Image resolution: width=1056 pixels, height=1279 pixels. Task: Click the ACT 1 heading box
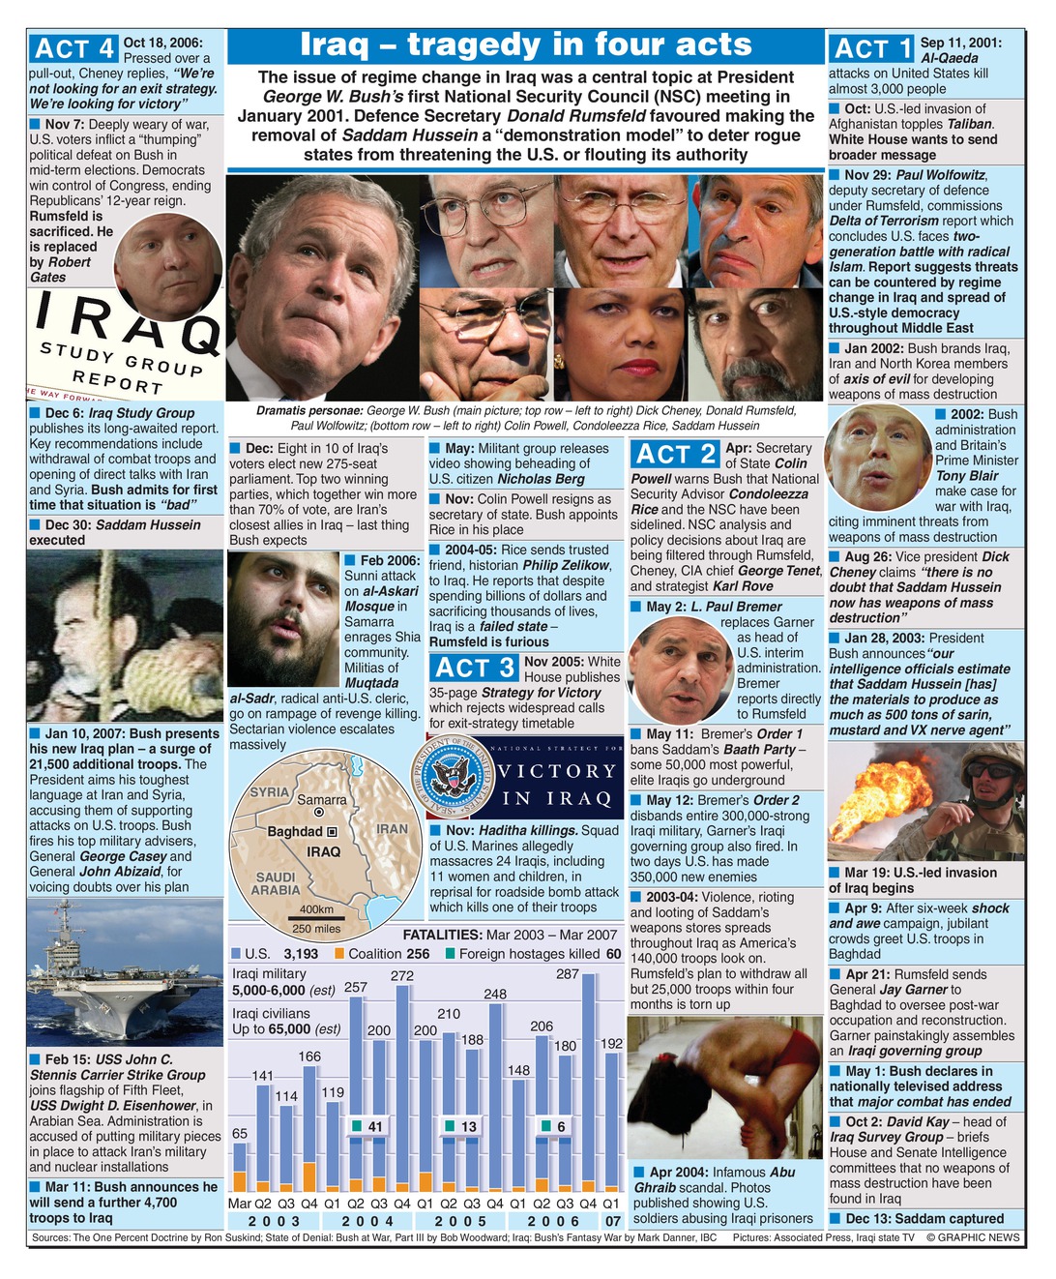coord(872,49)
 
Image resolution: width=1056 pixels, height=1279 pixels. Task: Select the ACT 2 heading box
coord(674,455)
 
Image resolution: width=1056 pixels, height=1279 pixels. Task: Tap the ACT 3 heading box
coord(474,668)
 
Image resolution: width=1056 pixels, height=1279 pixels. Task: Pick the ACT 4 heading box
coord(73,49)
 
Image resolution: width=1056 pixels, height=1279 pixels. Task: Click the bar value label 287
coord(568,974)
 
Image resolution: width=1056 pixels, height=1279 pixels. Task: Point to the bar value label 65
coord(240,1134)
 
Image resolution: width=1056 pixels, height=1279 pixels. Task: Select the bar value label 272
coord(402,976)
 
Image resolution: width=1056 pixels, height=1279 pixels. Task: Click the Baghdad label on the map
coord(295,832)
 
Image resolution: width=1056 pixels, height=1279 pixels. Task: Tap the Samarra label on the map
coord(321,800)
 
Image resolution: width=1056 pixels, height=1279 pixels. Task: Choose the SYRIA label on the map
coord(270,792)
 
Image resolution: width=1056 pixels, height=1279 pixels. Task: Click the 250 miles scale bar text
coord(315,929)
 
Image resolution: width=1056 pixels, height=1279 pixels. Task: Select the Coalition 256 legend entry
coord(381,954)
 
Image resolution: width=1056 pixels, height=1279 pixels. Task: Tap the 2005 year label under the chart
coord(460,1222)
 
